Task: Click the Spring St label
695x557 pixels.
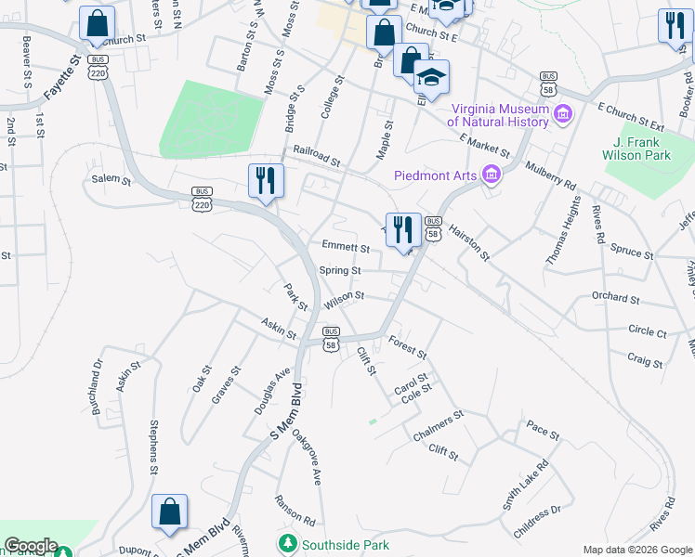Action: click(x=340, y=270)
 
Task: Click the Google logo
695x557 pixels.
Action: click(x=31, y=546)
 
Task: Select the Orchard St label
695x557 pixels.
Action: click(x=615, y=299)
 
